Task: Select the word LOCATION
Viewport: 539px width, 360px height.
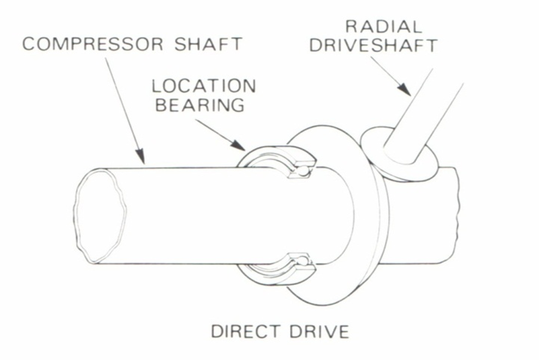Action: click(x=204, y=86)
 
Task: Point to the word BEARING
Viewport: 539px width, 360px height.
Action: click(x=200, y=105)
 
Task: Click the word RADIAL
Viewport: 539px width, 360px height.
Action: click(x=383, y=27)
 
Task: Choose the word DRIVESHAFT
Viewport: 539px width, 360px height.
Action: click(x=373, y=46)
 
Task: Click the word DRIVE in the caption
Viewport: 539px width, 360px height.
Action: click(x=318, y=331)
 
